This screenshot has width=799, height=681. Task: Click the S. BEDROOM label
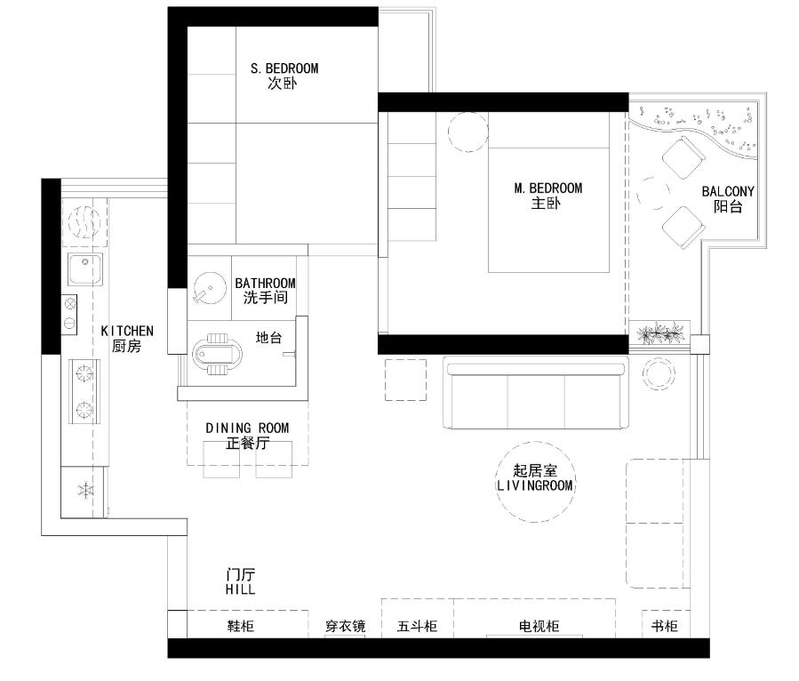(x=284, y=68)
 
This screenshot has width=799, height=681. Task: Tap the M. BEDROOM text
(x=547, y=188)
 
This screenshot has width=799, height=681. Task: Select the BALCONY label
(x=728, y=192)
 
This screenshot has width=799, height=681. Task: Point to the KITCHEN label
(x=127, y=332)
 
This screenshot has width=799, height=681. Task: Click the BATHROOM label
(x=265, y=283)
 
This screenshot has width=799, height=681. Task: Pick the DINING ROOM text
(x=247, y=429)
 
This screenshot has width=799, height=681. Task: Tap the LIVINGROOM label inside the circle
(x=535, y=485)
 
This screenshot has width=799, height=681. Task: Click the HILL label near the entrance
(x=241, y=589)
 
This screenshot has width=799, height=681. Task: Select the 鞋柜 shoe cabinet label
(x=241, y=626)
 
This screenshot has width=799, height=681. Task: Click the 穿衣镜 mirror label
(x=346, y=626)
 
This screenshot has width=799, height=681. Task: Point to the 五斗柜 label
(x=417, y=626)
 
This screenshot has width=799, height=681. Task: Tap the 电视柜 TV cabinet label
(x=539, y=626)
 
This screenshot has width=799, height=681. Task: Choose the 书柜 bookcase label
(x=665, y=626)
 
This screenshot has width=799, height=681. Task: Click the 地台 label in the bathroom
(x=268, y=338)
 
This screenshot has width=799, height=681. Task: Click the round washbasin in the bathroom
(x=210, y=288)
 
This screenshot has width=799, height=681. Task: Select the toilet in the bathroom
(x=217, y=354)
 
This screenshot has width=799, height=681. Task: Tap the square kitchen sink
(x=85, y=268)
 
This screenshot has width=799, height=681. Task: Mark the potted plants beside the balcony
(x=659, y=332)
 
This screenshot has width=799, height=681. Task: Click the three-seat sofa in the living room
(x=536, y=393)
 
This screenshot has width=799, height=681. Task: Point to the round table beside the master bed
(x=468, y=132)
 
